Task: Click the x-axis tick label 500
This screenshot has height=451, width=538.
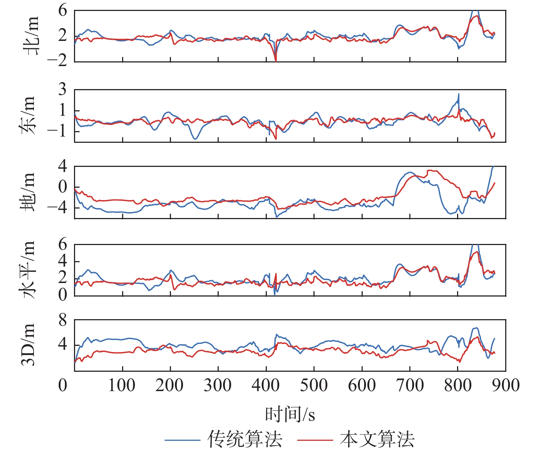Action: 313,385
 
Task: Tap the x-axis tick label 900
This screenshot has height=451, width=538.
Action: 506,385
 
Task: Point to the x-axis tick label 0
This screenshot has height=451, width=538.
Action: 63,385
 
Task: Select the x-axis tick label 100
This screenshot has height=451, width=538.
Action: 122,385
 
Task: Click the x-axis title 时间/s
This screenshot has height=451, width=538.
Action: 290,414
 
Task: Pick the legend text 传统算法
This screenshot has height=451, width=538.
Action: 245,439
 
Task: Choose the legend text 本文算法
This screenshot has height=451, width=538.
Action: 377,439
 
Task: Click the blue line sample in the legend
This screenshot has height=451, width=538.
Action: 182,440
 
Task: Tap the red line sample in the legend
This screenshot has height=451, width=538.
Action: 315,440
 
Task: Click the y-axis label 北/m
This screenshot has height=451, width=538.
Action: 31,36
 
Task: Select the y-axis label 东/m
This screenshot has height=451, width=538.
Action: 28,115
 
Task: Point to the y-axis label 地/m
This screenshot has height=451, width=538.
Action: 28,192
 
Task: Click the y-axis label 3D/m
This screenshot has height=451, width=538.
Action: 28,345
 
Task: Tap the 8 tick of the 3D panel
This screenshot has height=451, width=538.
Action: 63,321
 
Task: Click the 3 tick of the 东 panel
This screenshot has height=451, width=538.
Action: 63,89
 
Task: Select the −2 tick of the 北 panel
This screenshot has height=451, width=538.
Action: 58,61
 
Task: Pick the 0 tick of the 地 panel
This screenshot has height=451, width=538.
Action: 63,187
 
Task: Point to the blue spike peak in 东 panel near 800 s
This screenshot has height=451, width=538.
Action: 459,94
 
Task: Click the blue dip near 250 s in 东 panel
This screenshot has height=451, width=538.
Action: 195,139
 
